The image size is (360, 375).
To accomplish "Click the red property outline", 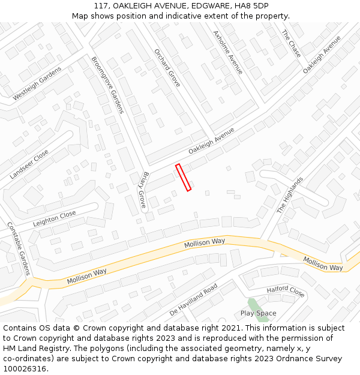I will pyautogui.click(x=183, y=178).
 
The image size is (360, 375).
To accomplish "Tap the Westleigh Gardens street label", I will pyautogui.click(x=37, y=83).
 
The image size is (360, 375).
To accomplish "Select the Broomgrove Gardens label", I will pyautogui.click(x=107, y=85).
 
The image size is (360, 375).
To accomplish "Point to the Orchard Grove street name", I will pyautogui.click(x=167, y=68).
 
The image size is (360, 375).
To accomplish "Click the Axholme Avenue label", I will pyautogui.click(x=228, y=52).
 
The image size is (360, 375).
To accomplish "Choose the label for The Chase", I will pyautogui.click(x=292, y=43).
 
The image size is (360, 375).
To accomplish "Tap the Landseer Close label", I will pyautogui.click(x=29, y=164).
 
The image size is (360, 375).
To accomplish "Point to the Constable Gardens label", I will pyautogui.click(x=18, y=249).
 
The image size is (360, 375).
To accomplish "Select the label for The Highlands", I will pyautogui.click(x=290, y=196).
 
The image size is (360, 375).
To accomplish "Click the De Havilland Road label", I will pyautogui.click(x=193, y=300).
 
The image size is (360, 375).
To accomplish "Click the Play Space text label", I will pyautogui.click(x=259, y=313).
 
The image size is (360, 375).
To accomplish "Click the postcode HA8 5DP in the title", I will pyautogui.click(x=253, y=6).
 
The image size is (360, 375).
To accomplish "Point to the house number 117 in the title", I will pyautogui.click(x=101, y=6).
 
